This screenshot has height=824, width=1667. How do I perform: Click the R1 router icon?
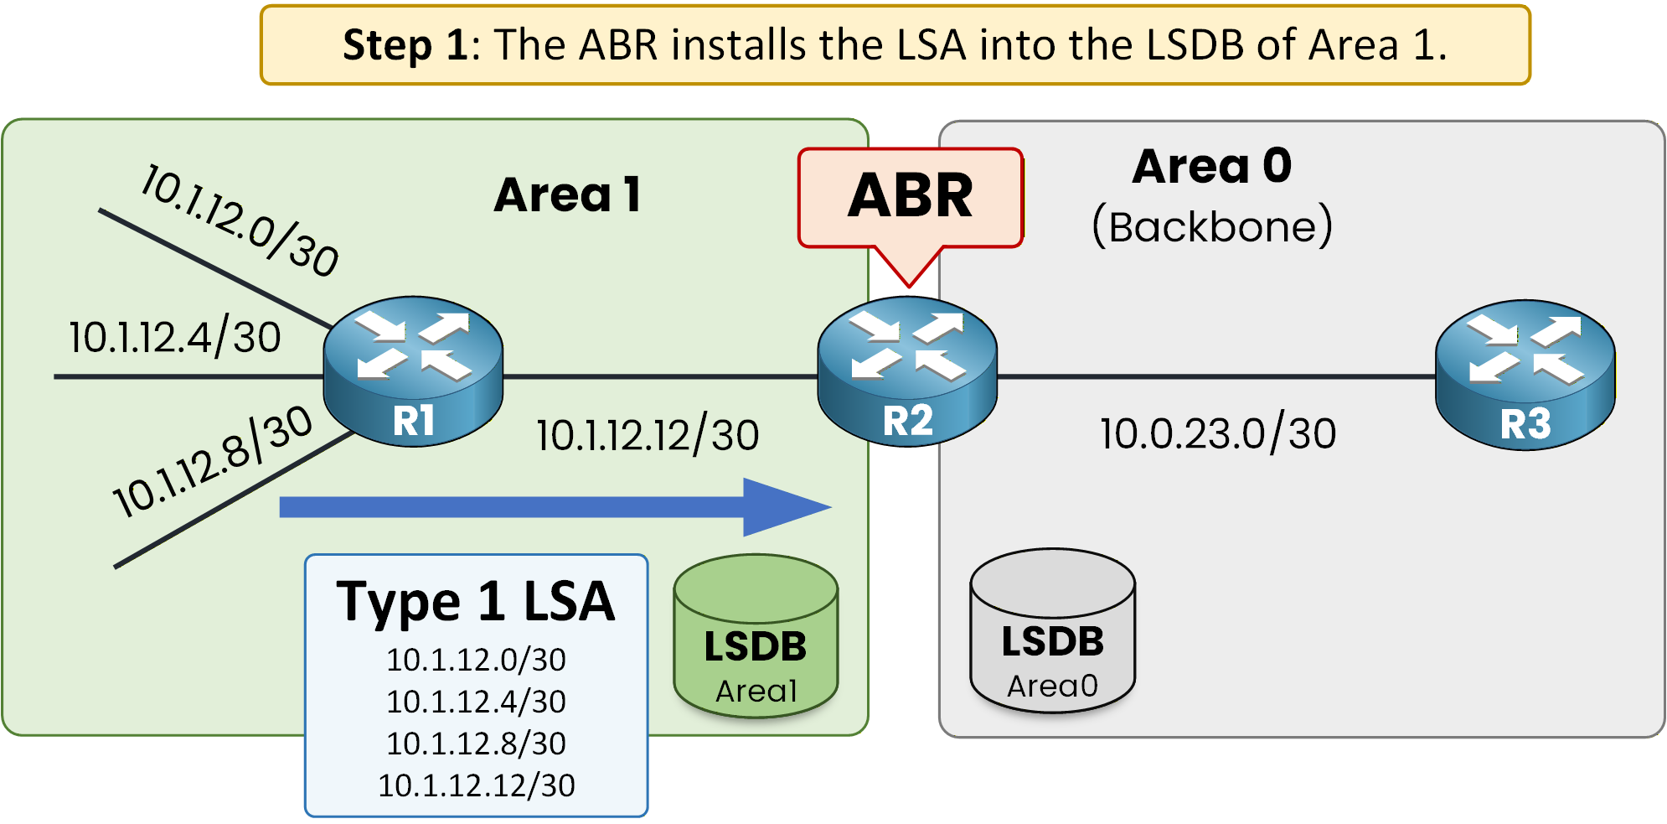(413, 371)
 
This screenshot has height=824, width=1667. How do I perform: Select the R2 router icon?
(907, 371)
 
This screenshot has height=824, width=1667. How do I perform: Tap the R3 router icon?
(1525, 375)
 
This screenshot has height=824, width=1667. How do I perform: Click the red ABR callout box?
(911, 198)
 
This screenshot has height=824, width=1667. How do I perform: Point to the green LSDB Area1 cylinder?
(756, 637)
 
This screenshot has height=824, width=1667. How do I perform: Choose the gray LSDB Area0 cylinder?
(1052, 632)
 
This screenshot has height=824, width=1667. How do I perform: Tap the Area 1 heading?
(567, 195)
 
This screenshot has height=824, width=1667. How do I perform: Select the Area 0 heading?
(1211, 166)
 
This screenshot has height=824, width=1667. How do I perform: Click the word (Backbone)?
(1211, 226)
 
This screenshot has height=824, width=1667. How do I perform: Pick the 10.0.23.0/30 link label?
(1217, 434)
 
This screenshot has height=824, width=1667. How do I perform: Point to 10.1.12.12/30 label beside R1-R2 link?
(648, 436)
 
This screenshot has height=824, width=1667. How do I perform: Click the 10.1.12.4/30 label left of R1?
(174, 338)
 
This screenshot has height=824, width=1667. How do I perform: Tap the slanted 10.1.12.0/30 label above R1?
(240, 220)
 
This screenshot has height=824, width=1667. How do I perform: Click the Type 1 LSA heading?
(476, 602)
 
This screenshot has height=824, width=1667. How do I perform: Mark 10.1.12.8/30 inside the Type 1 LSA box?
(476, 744)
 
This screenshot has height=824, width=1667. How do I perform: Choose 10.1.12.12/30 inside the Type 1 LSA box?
(476, 785)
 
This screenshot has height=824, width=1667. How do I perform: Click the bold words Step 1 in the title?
(405, 45)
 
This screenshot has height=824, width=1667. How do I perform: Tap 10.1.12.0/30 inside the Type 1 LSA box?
(476, 661)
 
